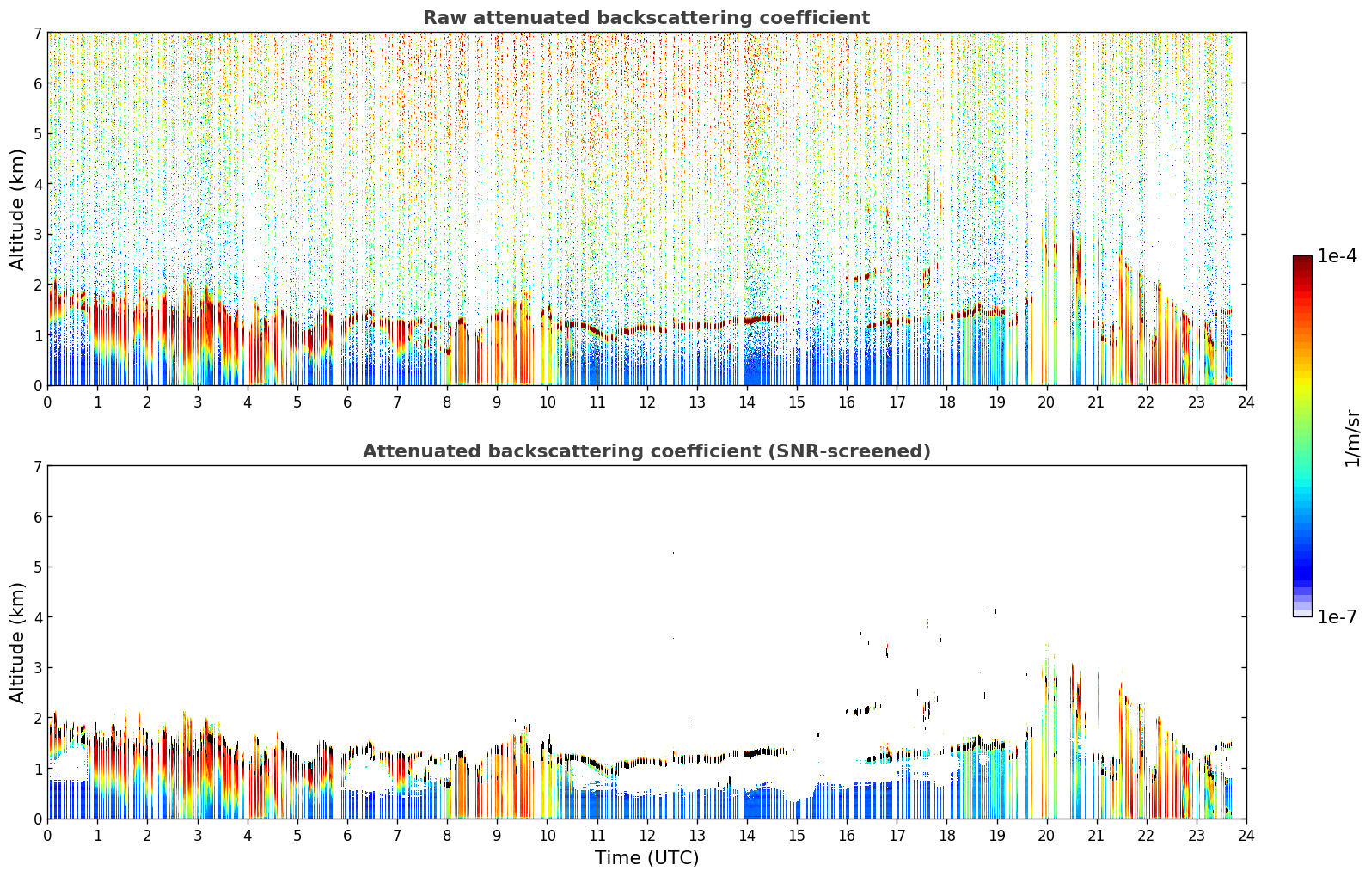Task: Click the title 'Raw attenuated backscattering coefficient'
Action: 646,18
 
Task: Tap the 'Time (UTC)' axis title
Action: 646,857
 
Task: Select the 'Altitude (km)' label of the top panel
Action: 17,210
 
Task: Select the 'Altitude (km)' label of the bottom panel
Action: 17,642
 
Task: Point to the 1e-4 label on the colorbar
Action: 1337,256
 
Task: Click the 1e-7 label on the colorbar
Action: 1337,616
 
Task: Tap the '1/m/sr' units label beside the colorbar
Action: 1352,439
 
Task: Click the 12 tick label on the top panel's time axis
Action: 647,402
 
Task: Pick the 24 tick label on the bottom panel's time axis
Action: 1246,836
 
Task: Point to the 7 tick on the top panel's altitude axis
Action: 38,33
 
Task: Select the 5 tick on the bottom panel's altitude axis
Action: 38,567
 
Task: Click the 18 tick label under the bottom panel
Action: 947,836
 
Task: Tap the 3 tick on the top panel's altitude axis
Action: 38,235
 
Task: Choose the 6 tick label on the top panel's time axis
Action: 347,402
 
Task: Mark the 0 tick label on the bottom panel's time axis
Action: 48,836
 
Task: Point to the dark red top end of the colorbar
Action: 1302,259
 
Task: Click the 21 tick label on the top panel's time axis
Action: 1096,402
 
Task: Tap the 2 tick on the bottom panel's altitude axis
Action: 38,718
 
